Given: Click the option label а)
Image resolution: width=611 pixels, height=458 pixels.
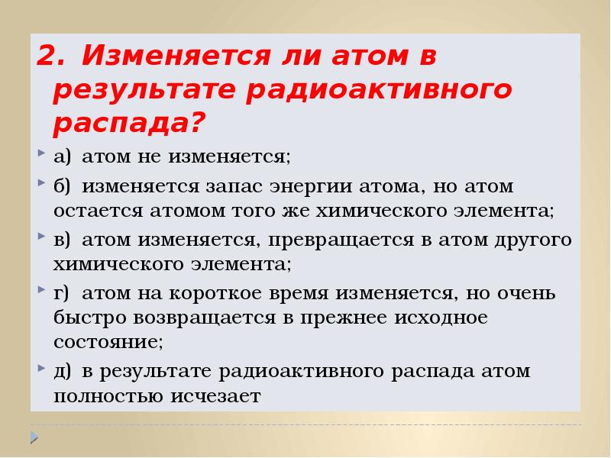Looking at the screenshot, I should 63,157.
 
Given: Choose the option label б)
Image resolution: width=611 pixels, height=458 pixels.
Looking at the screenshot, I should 63,186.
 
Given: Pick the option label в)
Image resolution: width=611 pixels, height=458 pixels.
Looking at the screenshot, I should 63,240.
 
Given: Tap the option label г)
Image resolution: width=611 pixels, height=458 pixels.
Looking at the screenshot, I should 63,293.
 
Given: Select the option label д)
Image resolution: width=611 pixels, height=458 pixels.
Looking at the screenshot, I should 63,372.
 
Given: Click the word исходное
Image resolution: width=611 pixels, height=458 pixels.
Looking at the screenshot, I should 443,318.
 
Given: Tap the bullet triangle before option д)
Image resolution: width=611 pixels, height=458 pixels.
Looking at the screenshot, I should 40,369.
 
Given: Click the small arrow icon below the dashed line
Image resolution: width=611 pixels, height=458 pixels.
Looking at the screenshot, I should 34,437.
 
